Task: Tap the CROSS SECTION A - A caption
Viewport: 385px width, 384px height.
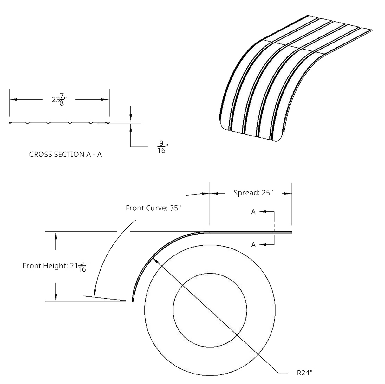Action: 66,155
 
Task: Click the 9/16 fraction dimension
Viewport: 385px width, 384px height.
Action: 162,147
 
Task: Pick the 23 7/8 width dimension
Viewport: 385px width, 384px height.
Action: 59,100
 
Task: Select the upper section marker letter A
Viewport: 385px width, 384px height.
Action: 253,212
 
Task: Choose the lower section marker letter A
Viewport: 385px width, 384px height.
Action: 253,245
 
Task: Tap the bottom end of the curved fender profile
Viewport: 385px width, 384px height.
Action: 133,301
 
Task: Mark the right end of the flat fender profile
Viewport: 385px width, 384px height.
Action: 292,232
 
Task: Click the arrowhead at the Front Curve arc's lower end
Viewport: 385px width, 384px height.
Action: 94,292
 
